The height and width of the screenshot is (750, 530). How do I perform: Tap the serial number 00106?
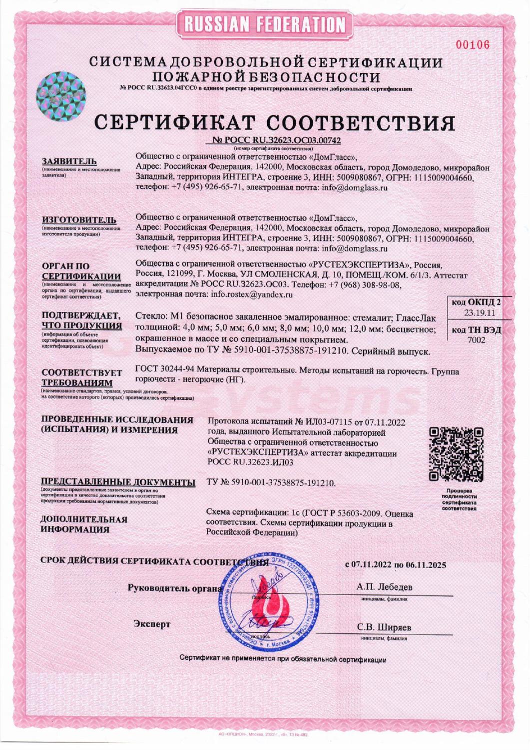(x=473, y=45)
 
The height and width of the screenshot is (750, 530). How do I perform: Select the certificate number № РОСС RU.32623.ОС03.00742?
(x=277, y=140)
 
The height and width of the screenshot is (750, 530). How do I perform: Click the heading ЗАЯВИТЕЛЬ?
(x=69, y=161)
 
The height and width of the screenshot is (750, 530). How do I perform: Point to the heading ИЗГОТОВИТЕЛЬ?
(x=79, y=220)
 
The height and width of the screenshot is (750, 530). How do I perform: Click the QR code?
(x=457, y=454)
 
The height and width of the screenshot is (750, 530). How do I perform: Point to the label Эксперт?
(x=152, y=624)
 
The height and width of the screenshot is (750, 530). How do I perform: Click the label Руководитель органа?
(x=175, y=588)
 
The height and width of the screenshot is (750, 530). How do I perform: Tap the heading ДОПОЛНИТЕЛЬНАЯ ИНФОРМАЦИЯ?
(x=84, y=524)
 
